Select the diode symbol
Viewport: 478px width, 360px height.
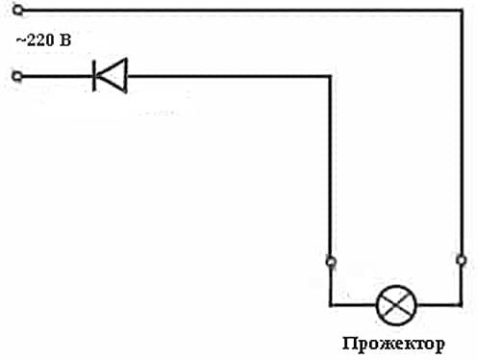[109, 76]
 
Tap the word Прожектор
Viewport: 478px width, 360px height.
[392, 344]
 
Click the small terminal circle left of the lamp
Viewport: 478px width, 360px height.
[332, 260]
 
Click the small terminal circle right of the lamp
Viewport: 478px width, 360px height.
[460, 260]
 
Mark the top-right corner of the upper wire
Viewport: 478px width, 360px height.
[460, 11]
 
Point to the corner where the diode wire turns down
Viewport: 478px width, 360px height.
[332, 76]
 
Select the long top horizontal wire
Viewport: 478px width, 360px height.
[240, 11]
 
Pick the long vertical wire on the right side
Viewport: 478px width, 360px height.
[460, 135]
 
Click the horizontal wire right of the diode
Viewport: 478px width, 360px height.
[231, 76]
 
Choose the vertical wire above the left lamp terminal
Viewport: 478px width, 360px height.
[332, 164]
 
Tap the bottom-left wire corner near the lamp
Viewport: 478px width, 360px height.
[332, 304]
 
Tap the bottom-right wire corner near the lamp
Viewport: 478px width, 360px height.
[460, 304]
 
